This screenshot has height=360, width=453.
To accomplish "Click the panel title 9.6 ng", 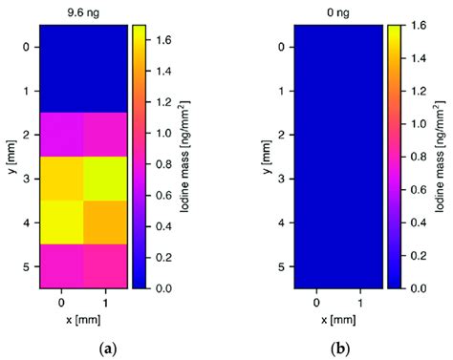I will [x=82, y=12].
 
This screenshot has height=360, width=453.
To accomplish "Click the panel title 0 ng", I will [x=338, y=12].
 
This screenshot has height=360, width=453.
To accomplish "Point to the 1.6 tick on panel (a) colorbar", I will [x=163, y=39].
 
